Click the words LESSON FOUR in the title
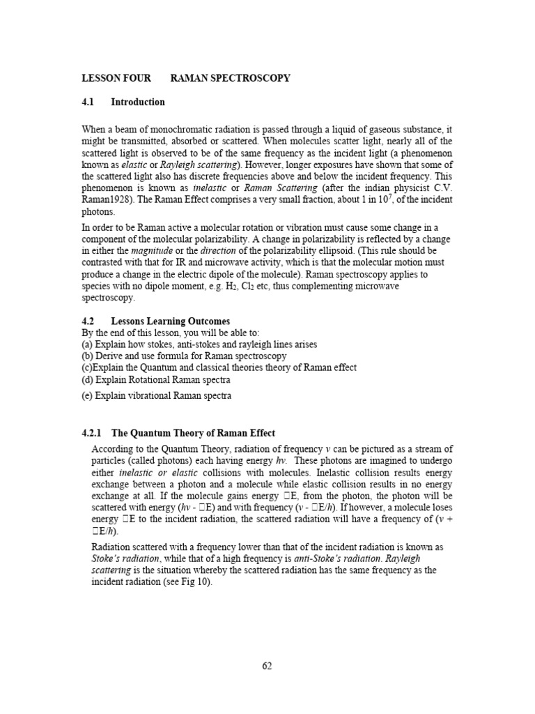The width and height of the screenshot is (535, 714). coord(116,78)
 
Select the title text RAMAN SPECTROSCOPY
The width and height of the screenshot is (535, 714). coord(231,78)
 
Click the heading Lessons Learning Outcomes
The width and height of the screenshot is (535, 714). coord(171,321)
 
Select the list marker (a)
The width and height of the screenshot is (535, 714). coord(88,344)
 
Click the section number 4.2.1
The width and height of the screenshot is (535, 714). coord(93,433)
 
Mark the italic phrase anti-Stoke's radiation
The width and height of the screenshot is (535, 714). coord(345,559)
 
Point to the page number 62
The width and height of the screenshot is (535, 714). coord(267,666)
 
